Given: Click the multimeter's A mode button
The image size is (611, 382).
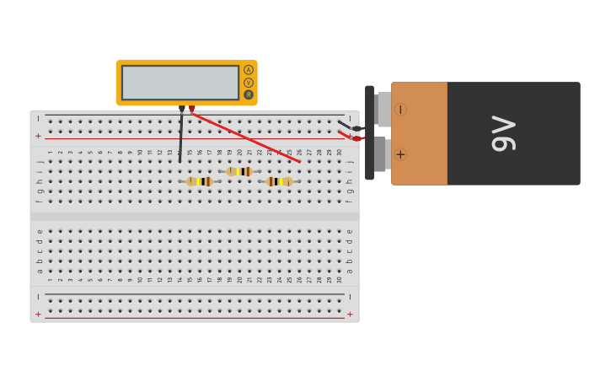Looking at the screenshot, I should pos(249,70).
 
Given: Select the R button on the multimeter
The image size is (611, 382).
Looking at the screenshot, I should pos(249,94).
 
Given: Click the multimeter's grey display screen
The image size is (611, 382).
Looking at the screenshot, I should pos(180,83).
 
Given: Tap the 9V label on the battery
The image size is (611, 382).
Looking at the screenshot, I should pos(503,133).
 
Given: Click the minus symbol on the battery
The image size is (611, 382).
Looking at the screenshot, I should pos(400,110).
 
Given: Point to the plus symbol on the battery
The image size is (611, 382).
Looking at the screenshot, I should pos(400,154).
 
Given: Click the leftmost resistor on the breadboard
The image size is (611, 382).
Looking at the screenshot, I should pos(200,181).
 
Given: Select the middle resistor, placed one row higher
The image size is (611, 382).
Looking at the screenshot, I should pos(239,171).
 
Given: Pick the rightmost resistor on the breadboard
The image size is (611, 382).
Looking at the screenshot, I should pos(280,181).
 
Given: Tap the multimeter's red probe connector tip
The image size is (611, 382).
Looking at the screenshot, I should pos(192,109).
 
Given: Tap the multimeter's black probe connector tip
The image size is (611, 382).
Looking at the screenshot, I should pos(181,109).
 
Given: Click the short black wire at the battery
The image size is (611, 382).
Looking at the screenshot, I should pos(347,126).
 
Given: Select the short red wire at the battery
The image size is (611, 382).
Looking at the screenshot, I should pos(347,136).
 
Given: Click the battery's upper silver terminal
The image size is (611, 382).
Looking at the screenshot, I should pos(383,109).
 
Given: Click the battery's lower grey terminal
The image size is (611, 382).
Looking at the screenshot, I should pos(380,153).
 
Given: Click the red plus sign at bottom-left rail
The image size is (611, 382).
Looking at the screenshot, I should pos(38,314).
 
